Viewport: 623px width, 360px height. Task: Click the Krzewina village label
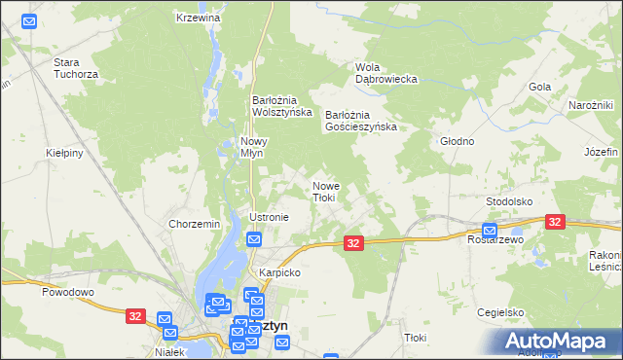pyautogui.click(x=199, y=18)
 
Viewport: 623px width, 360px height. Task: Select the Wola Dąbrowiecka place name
pyautogui.click(x=385, y=72)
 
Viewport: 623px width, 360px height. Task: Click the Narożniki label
pyautogui.click(x=590, y=105)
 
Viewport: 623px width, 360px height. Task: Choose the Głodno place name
pyautogui.click(x=457, y=141)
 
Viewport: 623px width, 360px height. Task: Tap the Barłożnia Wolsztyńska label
pyautogui.click(x=281, y=105)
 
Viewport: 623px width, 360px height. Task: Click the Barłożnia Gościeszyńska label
pyautogui.click(x=361, y=120)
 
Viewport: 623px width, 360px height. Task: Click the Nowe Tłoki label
pyautogui.click(x=324, y=191)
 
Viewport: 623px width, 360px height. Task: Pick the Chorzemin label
pyautogui.click(x=194, y=224)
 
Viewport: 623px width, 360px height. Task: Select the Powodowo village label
pyautogui.click(x=67, y=291)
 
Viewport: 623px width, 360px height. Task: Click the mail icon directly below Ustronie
pyautogui.click(x=254, y=239)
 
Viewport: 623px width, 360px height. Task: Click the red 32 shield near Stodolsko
pyautogui.click(x=556, y=223)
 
